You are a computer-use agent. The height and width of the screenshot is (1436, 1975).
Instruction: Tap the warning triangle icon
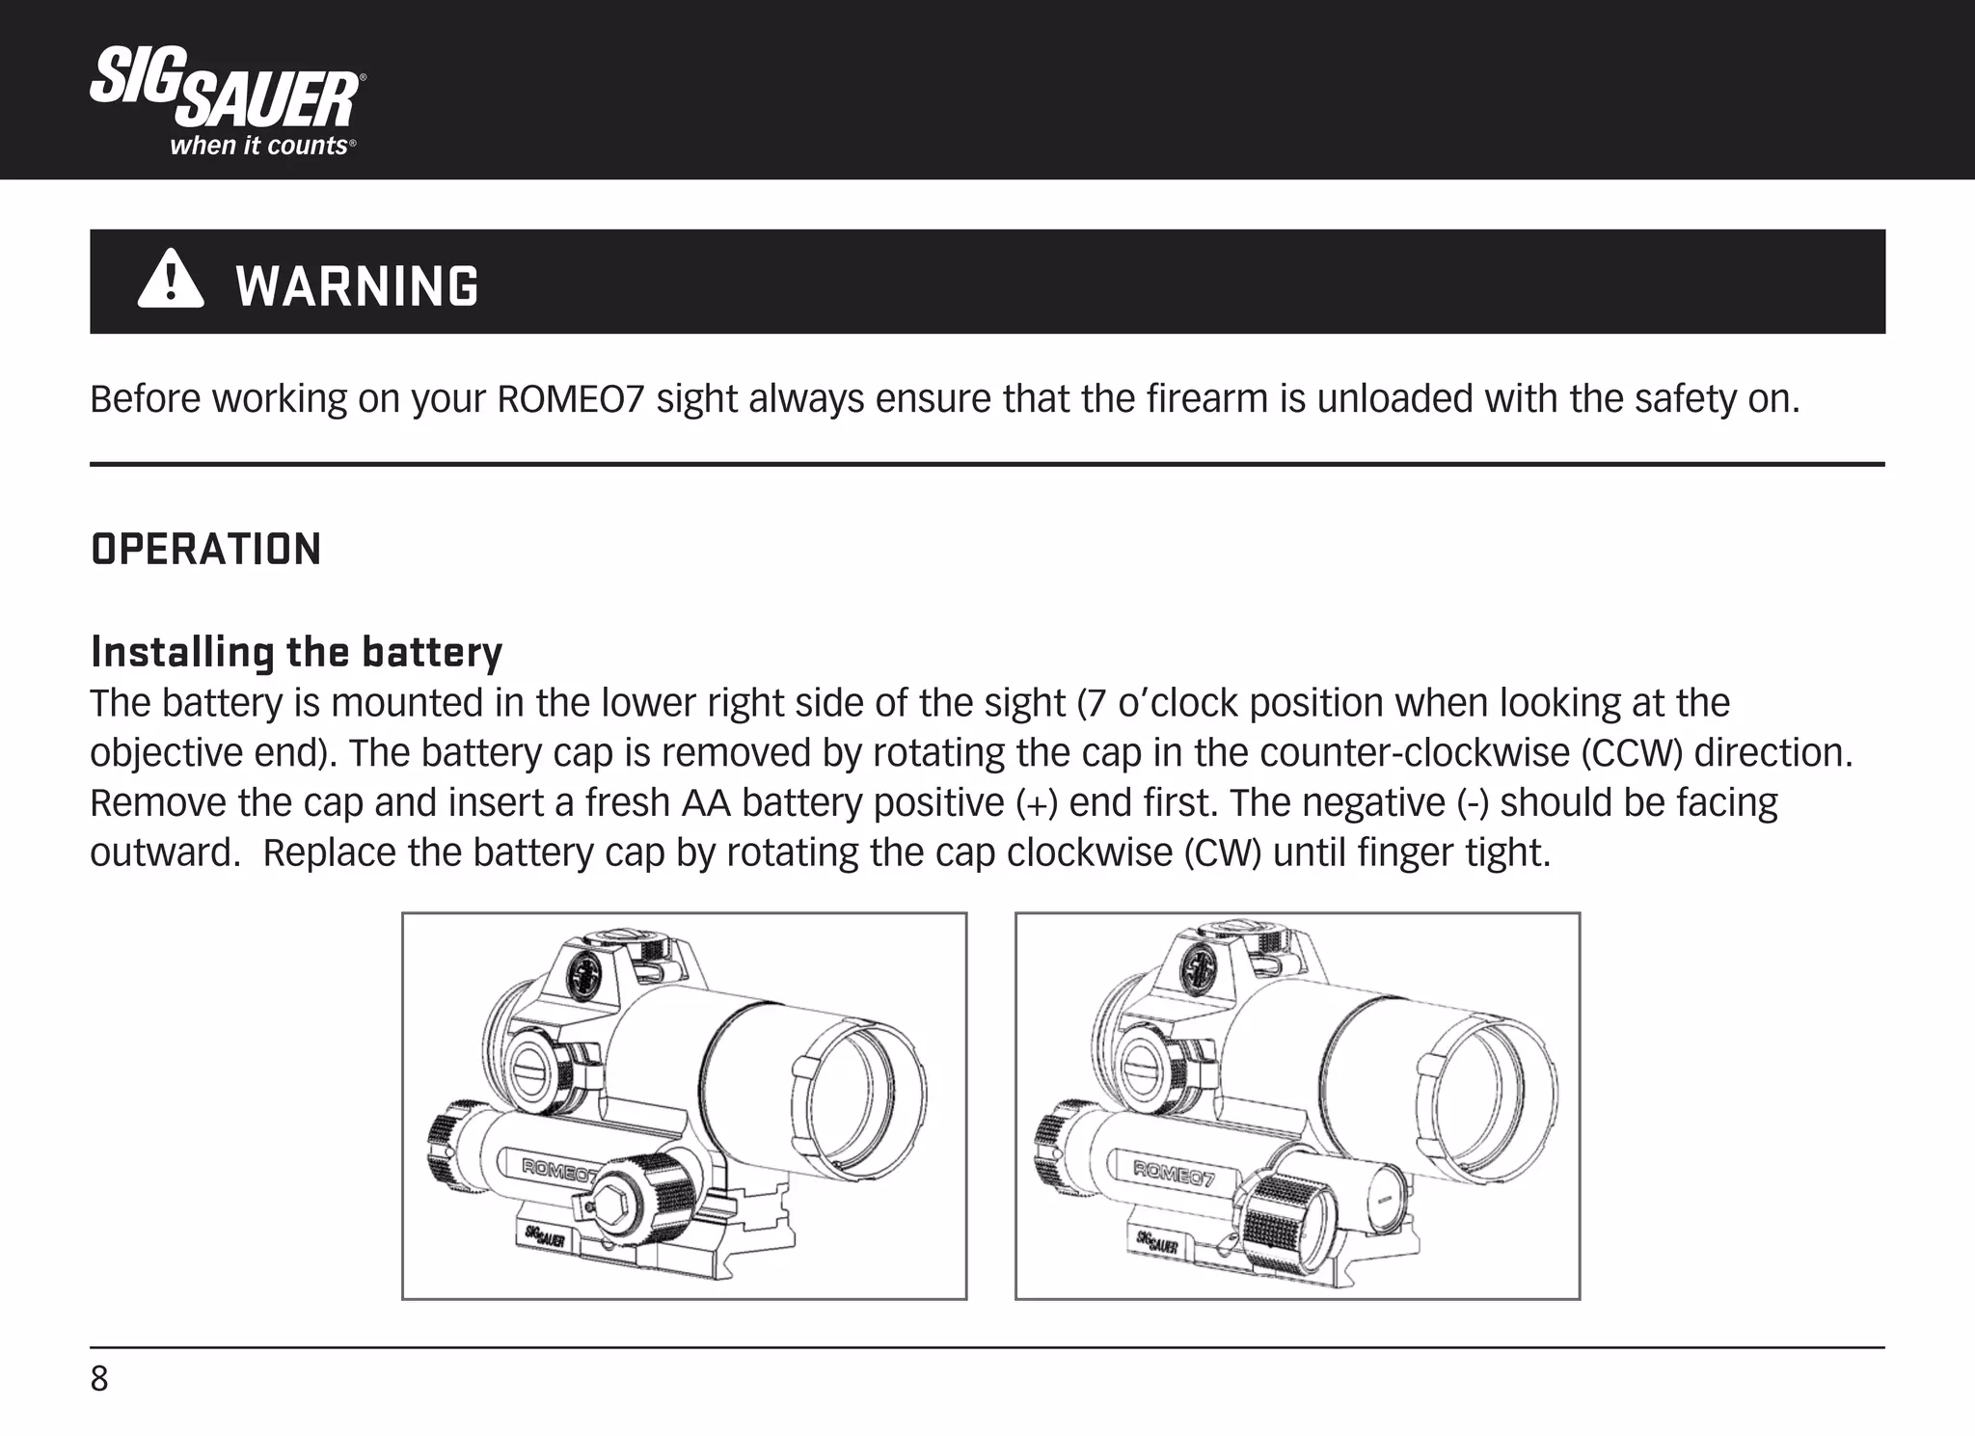coord(171,280)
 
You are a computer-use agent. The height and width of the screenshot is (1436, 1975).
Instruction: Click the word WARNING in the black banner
coord(357,286)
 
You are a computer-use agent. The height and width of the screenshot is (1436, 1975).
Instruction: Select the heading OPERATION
coord(205,550)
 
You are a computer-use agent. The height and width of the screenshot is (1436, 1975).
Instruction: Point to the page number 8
coord(99,1379)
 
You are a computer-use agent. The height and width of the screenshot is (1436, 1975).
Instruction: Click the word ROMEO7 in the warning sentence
coord(570,399)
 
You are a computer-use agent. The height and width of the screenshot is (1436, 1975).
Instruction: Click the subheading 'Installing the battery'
coord(296,653)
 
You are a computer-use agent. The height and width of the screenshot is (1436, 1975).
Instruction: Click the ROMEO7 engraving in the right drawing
coord(1174,1174)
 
